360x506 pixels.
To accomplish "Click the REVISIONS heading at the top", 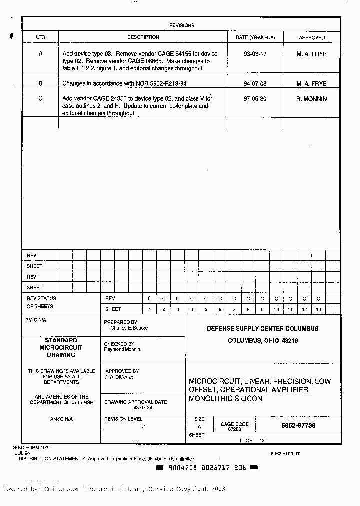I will point(182,25).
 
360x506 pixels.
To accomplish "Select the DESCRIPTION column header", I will point(143,37).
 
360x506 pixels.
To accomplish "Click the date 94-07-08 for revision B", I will point(255,84).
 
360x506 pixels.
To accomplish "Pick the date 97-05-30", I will point(255,99).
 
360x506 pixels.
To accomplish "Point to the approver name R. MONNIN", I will point(311,99).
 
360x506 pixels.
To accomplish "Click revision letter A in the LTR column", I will point(40,54).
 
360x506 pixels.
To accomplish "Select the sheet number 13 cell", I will point(318,310).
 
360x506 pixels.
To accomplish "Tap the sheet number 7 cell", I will point(234,310).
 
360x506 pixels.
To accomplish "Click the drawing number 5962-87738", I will point(298,426).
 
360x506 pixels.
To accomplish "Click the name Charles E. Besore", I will point(129,328).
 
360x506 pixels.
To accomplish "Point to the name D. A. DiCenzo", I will point(119,377).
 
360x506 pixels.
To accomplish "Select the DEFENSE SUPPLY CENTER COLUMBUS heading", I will point(263,329).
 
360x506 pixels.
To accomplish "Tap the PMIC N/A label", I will point(35,320).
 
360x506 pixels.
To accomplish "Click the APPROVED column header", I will point(312,37).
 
